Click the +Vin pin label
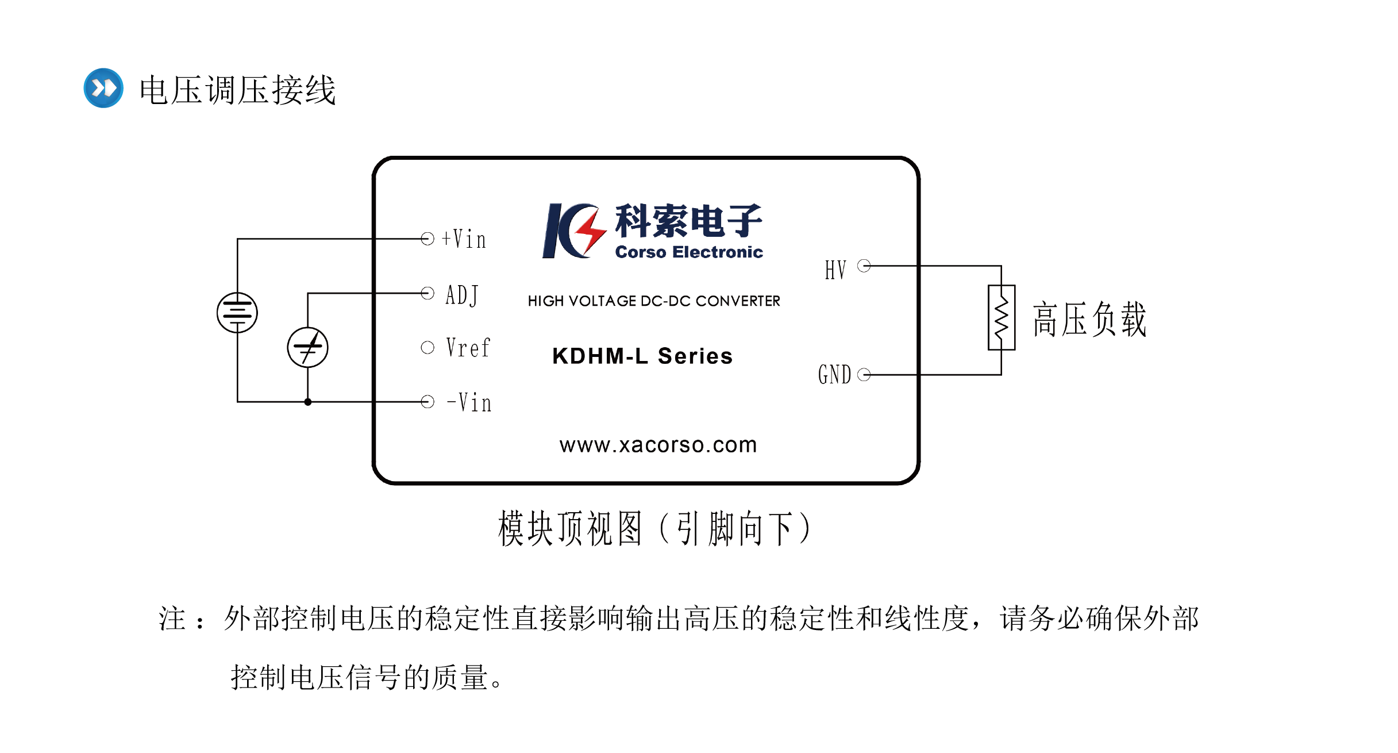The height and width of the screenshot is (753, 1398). (x=464, y=239)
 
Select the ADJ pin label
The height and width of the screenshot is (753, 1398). (x=461, y=295)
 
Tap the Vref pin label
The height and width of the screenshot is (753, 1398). (x=468, y=348)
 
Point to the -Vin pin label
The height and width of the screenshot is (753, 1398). (x=469, y=402)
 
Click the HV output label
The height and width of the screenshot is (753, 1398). (x=835, y=270)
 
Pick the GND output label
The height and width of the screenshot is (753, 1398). (x=834, y=375)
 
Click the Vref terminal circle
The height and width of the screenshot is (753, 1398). (x=428, y=347)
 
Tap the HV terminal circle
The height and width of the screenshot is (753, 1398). (x=864, y=266)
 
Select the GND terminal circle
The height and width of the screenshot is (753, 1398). (x=864, y=375)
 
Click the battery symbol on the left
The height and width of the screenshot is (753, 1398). (x=237, y=313)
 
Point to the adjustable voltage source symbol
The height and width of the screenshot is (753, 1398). (x=307, y=347)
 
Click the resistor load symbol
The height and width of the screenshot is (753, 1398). (x=1002, y=317)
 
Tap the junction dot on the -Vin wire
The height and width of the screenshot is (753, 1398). (x=308, y=402)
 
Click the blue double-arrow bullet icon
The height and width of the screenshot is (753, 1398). (x=103, y=88)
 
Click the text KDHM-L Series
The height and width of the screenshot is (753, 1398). (x=642, y=356)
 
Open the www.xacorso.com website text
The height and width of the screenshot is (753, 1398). (x=658, y=445)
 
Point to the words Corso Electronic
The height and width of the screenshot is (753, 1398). (x=689, y=252)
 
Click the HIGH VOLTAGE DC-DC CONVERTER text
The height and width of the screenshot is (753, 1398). (x=654, y=301)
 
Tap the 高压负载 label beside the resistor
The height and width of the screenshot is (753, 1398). (x=1089, y=319)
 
